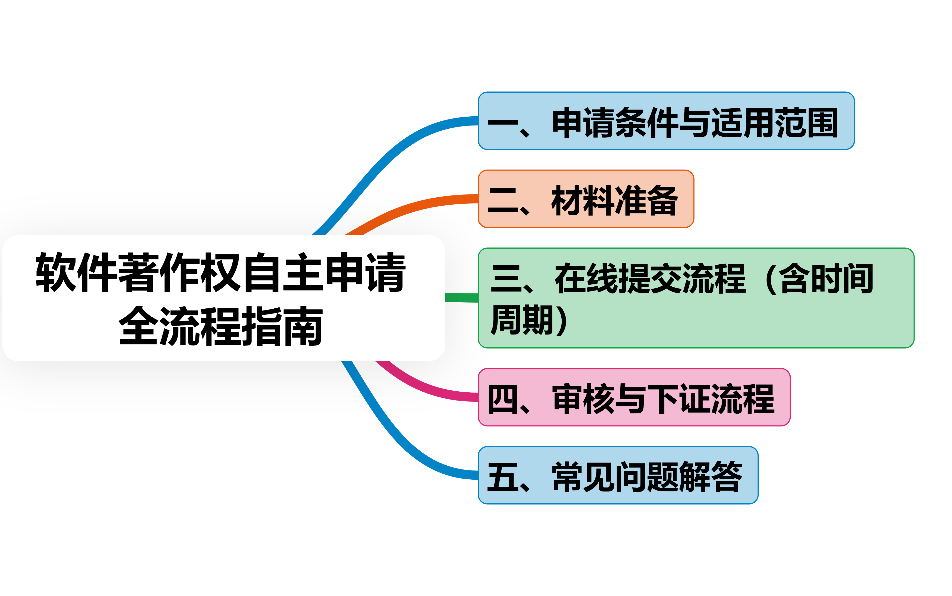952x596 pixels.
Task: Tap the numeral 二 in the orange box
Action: (502, 200)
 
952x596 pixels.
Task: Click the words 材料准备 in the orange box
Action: (614, 200)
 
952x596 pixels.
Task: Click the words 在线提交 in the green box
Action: (619, 278)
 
